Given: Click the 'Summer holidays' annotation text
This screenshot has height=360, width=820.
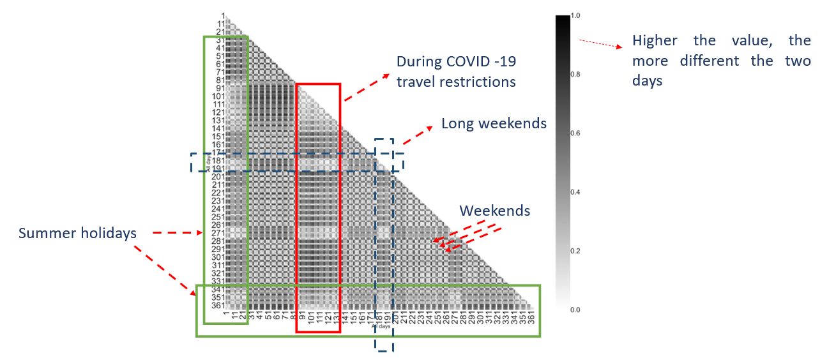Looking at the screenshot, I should (x=77, y=233).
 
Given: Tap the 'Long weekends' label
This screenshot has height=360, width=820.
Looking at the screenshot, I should (x=494, y=123).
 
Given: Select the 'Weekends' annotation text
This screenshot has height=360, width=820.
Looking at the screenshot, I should (x=494, y=211).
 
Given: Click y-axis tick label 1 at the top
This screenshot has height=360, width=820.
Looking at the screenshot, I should (x=224, y=15).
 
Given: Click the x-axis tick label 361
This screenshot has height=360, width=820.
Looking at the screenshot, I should (x=531, y=317).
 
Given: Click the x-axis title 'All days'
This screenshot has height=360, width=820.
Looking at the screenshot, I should (x=381, y=326).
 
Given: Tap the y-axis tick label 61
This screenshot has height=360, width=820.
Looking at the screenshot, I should (x=220, y=64).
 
